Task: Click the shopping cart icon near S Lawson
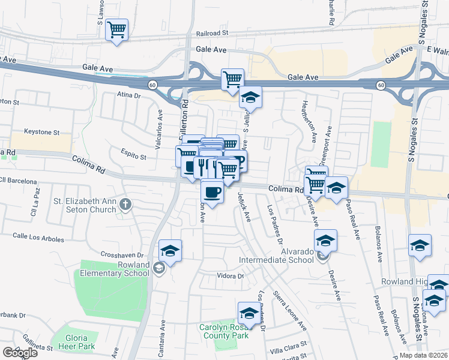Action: [116, 29]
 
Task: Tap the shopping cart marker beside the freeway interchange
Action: [232, 79]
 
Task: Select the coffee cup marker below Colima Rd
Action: [212, 192]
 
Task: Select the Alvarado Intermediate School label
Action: [276, 256]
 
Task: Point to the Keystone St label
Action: [41, 131]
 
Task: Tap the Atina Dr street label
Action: [128, 95]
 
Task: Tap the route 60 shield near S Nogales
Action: [381, 86]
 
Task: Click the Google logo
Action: [20, 352]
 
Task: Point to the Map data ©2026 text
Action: [424, 355]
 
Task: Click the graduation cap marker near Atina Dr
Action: [250, 97]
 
